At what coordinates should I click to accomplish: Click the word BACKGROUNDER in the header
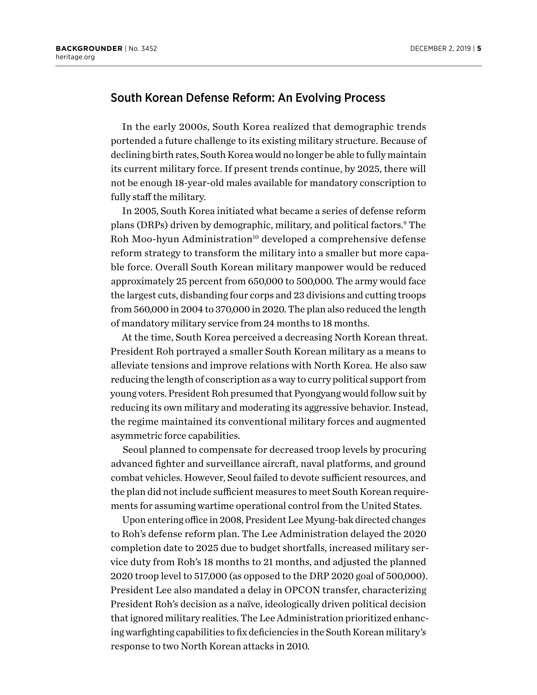click(89, 49)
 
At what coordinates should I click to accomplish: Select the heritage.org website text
click(75, 57)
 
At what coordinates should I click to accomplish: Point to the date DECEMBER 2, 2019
click(440, 49)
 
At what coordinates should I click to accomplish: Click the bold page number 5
click(479, 49)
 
